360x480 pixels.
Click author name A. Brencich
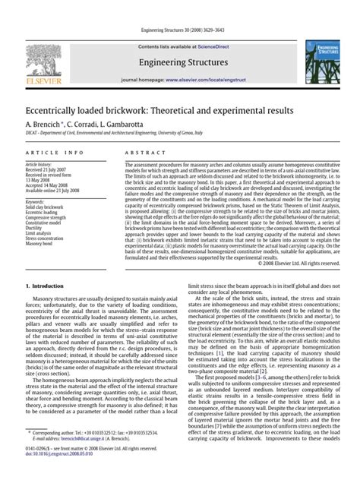tap(44, 124)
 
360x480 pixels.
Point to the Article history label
tap(39, 163)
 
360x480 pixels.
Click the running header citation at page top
tap(179, 30)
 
